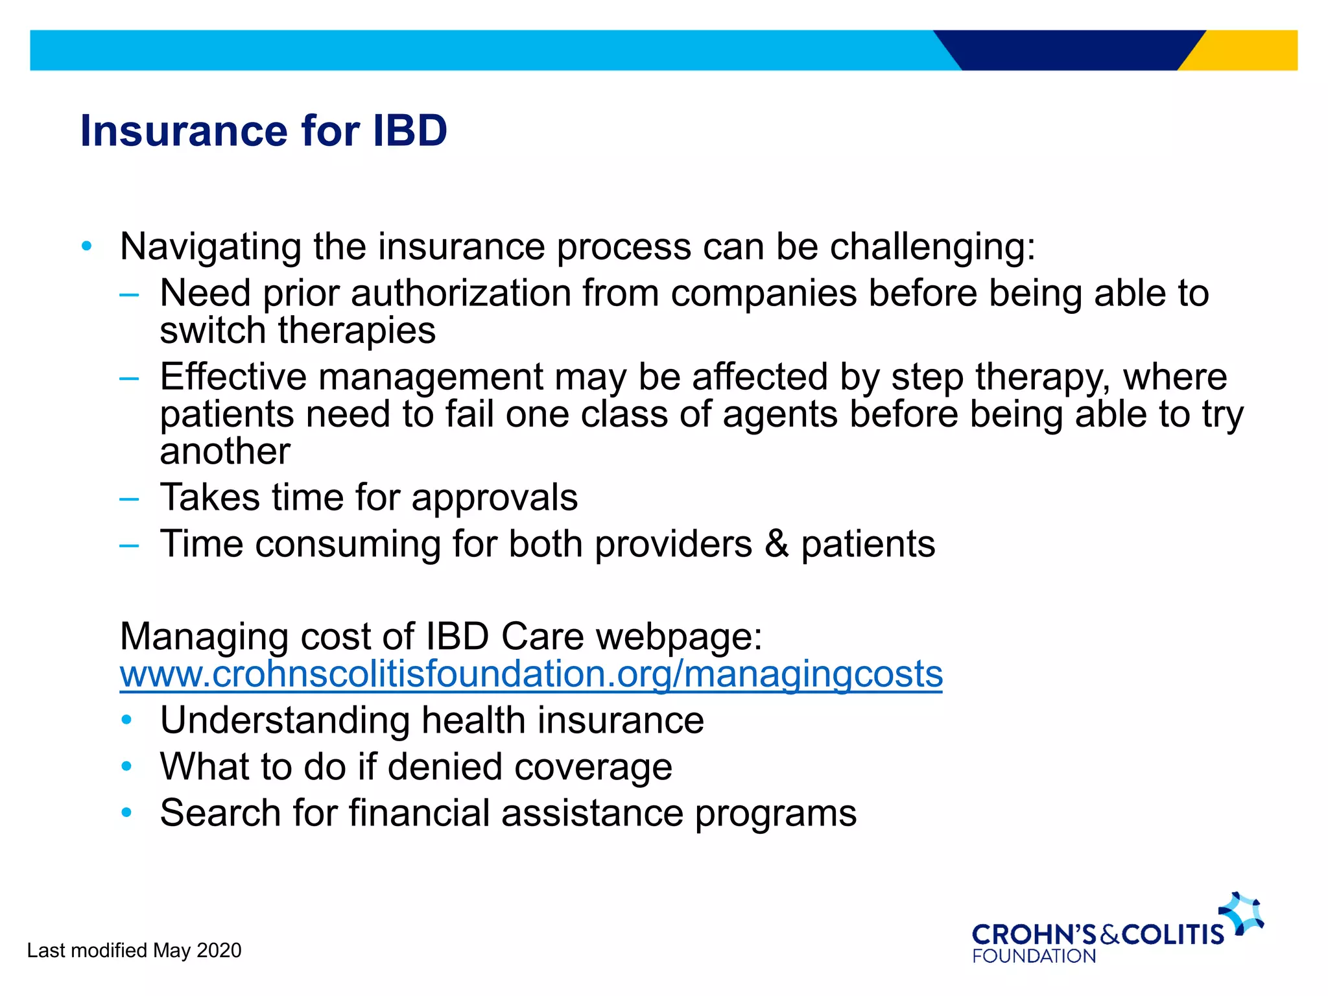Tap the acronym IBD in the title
(x=409, y=131)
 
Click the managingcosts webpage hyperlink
(x=530, y=674)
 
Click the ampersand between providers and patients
(x=776, y=543)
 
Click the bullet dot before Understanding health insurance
(x=127, y=720)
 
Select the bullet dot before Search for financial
(x=127, y=812)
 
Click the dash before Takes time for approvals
(x=129, y=499)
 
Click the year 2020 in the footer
(x=219, y=951)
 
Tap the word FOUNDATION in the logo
(x=1034, y=956)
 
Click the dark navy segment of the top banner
(x=1070, y=51)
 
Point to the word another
(x=225, y=451)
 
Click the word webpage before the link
(x=678, y=637)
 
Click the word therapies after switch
(x=357, y=331)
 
